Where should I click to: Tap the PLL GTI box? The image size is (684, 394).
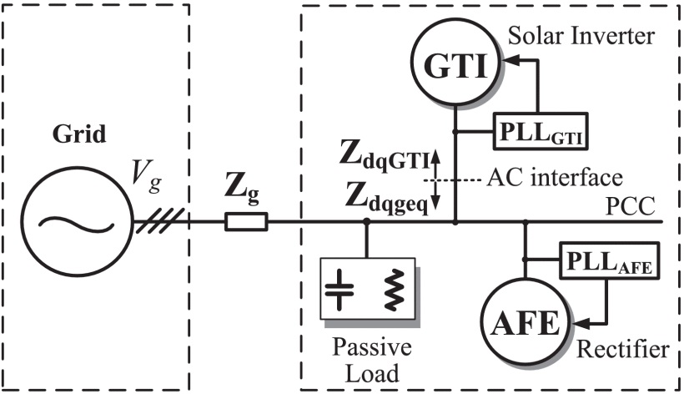pyautogui.click(x=541, y=131)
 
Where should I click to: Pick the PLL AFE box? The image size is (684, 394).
pyautogui.click(x=609, y=261)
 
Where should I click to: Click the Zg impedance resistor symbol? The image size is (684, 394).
pyautogui.click(x=246, y=222)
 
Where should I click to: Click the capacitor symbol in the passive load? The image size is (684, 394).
pyautogui.click(x=339, y=289)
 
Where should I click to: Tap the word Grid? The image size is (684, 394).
pyautogui.click(x=79, y=134)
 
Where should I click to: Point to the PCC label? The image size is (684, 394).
pyautogui.click(x=631, y=206)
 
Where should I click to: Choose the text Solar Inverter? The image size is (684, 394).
pyautogui.click(x=581, y=36)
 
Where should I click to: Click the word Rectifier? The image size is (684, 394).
pyautogui.click(x=623, y=349)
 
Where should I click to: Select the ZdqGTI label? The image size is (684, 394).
pyautogui.click(x=385, y=159)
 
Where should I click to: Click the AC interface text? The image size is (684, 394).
pyautogui.click(x=555, y=178)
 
